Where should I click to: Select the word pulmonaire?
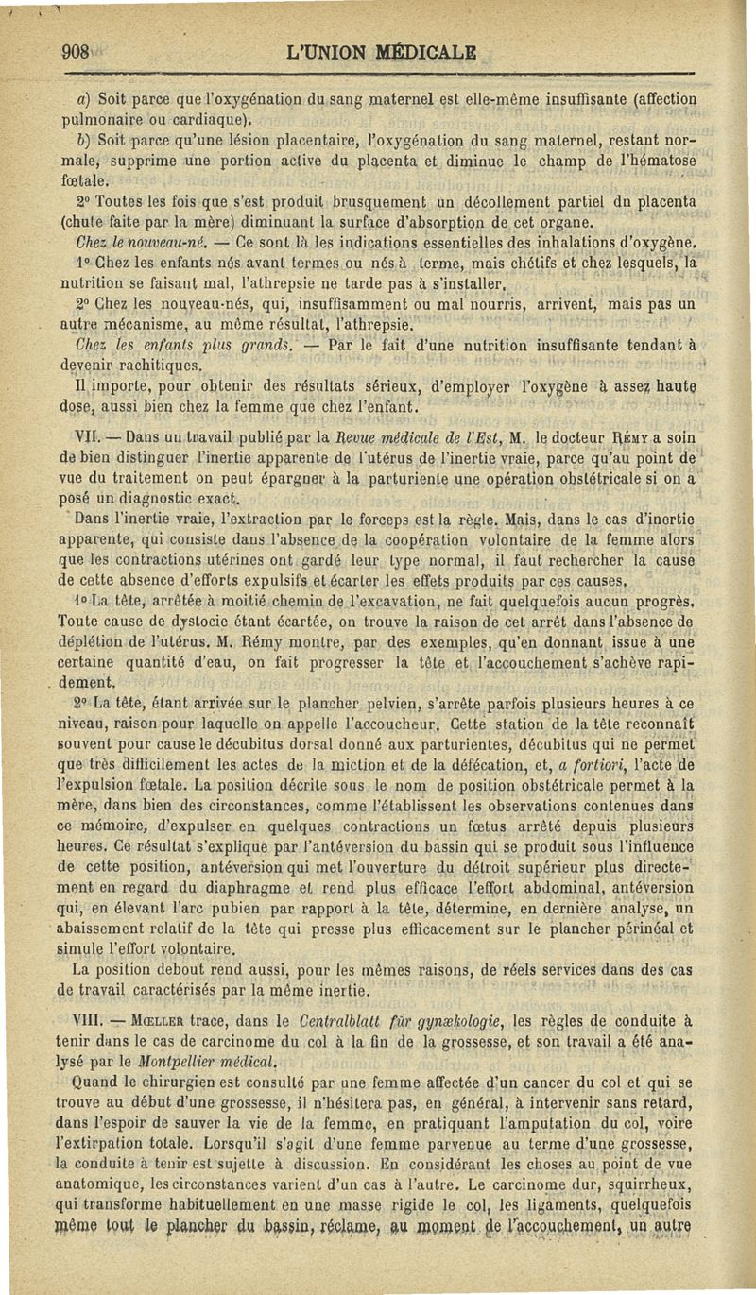point(99,120)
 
